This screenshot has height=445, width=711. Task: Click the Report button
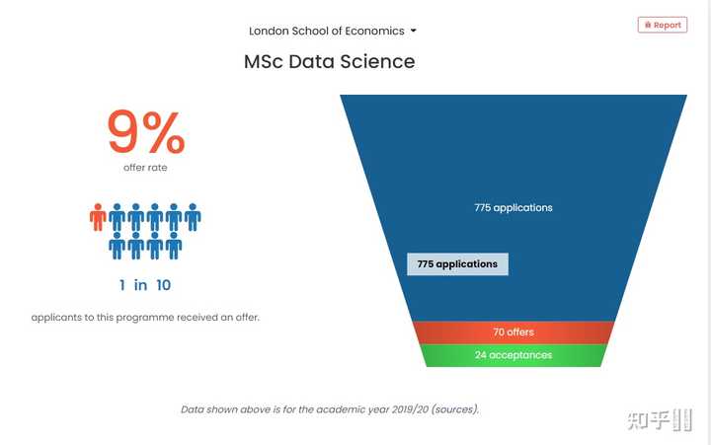(x=662, y=25)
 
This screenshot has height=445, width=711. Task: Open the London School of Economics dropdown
(x=332, y=31)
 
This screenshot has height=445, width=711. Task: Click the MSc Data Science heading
(x=329, y=61)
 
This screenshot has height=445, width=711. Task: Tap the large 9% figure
(x=145, y=133)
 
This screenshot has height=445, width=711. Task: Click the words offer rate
(x=145, y=168)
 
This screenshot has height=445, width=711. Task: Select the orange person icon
(x=98, y=217)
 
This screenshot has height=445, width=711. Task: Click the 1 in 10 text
(x=145, y=285)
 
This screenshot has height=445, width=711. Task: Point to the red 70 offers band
(x=513, y=333)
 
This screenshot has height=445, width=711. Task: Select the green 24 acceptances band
(x=513, y=355)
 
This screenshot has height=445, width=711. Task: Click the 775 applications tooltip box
(x=457, y=264)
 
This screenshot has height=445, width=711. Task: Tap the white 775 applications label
(x=513, y=207)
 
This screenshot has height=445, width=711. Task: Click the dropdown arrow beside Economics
(x=413, y=31)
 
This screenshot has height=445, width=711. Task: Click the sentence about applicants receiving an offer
(x=145, y=318)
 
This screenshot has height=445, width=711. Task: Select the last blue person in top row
(x=193, y=217)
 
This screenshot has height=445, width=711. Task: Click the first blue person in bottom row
(x=118, y=246)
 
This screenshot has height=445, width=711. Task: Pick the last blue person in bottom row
(x=174, y=246)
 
